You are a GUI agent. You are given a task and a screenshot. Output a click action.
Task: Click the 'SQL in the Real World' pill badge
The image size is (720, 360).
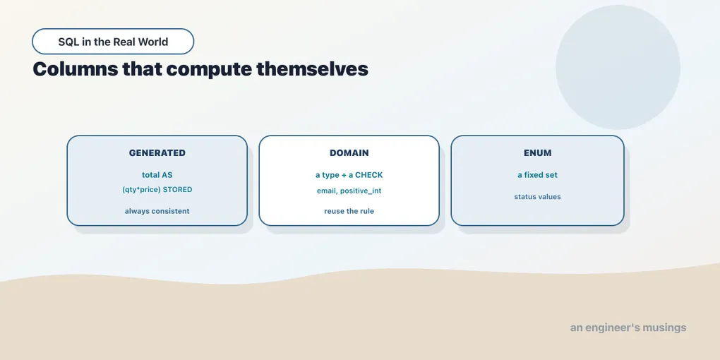113,42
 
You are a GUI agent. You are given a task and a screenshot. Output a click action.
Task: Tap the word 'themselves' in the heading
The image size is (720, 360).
312,69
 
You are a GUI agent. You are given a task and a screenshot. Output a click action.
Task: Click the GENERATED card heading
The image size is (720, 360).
157,153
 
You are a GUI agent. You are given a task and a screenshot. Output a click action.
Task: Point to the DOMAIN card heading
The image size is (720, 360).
349,153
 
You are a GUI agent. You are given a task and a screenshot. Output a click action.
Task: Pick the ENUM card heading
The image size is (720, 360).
538,153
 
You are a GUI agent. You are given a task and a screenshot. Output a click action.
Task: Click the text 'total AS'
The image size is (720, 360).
157,175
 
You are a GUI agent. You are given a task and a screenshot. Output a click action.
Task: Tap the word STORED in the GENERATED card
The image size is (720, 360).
177,189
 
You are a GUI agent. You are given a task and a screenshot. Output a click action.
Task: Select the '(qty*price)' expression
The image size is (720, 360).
141,190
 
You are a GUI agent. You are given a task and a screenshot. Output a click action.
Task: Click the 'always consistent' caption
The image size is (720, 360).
157,211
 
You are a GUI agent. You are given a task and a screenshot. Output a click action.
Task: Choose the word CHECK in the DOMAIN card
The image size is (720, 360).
368,175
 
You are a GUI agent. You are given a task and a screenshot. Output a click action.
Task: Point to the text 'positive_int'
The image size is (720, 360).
361,191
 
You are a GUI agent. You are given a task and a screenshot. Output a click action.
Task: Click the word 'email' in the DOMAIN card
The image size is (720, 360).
328,191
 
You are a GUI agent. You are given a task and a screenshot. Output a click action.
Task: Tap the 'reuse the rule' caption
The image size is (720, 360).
349,211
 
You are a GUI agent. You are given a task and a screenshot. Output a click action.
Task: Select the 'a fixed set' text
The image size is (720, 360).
538,175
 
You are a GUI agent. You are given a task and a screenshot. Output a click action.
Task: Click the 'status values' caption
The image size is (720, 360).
538,196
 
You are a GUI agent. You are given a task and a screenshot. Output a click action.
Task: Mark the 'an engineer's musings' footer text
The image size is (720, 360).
628,328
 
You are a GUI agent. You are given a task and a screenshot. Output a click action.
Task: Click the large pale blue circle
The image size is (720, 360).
618,67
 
